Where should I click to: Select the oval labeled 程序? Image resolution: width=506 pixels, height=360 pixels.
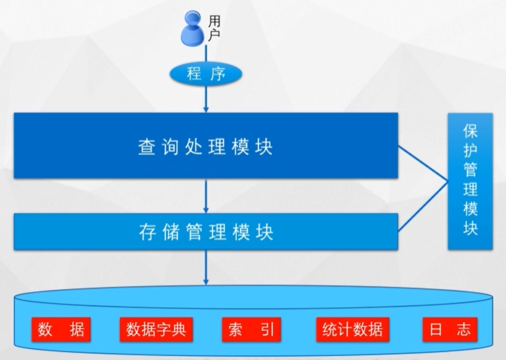point(206,74)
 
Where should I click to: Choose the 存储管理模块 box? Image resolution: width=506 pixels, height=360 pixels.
point(205,231)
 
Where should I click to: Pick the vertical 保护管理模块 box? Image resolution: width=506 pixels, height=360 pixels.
point(470,181)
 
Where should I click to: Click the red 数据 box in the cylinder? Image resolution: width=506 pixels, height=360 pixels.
point(61,329)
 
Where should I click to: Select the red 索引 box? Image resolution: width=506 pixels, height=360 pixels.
point(251,329)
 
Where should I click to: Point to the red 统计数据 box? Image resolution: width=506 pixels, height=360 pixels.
point(352,329)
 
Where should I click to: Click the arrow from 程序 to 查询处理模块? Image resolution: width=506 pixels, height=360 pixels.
point(206,99)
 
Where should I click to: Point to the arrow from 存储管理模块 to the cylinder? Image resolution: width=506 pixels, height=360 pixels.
point(206,267)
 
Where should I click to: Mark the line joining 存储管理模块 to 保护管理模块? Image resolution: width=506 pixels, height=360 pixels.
point(422,213)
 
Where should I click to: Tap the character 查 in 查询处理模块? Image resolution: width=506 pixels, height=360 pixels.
point(146,146)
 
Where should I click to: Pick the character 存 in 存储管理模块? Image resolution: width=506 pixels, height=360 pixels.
point(146,231)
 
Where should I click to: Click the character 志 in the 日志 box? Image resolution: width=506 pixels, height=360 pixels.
point(463,329)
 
